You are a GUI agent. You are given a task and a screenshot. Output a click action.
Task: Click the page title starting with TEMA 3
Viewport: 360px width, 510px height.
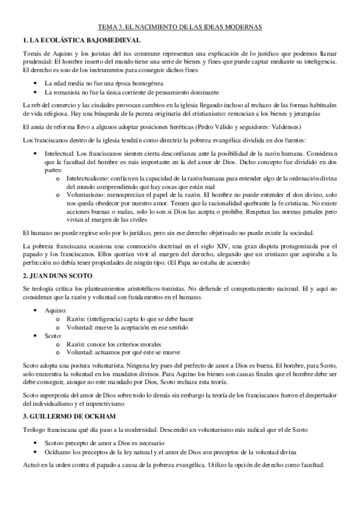180,27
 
